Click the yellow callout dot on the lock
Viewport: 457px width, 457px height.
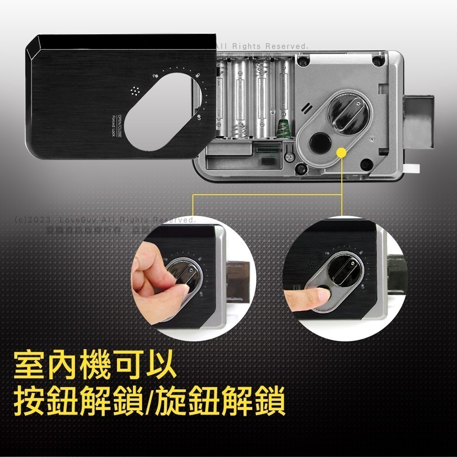point(340,152)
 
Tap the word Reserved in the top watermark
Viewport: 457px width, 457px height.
point(287,47)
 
